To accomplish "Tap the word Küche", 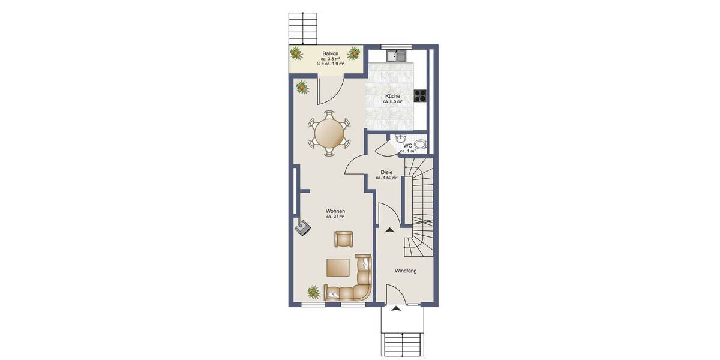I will click(x=393, y=96).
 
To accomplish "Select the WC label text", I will click(x=407, y=145).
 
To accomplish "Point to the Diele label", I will click(x=386, y=172).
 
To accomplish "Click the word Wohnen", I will click(x=335, y=211).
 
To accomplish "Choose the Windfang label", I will click(x=406, y=271).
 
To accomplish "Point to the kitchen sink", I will click(x=395, y=56).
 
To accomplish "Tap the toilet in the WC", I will click(x=420, y=144).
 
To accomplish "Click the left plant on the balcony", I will click(x=297, y=54).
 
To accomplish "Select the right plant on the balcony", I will click(x=355, y=53).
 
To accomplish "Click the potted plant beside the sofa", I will click(x=313, y=292).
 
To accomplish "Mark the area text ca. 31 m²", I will click(x=335, y=217).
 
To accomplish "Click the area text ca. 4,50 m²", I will click(x=386, y=178).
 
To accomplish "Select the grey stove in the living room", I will click(x=303, y=226).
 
